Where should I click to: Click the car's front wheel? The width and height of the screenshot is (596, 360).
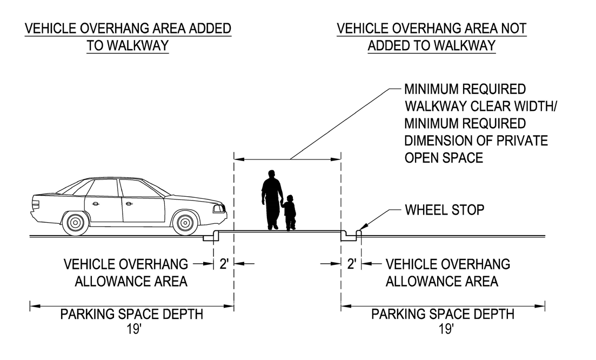pos(185,222)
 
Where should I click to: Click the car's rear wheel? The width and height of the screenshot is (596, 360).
pos(76,222)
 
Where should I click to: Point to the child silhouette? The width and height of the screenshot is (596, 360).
pos(290,212)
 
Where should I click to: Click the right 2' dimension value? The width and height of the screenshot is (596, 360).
pos(351,264)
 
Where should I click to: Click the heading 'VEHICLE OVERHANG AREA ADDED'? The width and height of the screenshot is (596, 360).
pos(129,29)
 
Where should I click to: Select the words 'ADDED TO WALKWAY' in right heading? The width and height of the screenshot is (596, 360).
pos(431,46)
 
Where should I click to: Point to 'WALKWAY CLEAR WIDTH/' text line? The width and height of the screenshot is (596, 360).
pos(480,105)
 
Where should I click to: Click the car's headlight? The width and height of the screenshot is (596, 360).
pos(218,208)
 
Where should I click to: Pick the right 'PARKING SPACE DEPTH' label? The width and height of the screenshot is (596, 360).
pos(443,314)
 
